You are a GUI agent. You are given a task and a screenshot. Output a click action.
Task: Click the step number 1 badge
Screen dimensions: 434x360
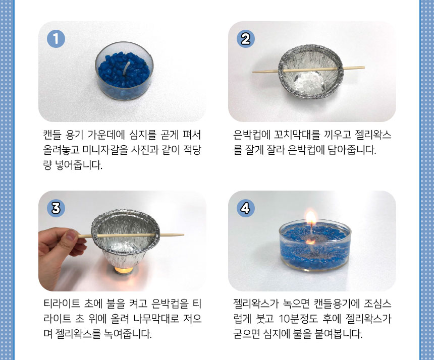coord(56,39)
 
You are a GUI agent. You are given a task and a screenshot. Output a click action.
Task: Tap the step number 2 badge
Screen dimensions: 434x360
coord(245,39)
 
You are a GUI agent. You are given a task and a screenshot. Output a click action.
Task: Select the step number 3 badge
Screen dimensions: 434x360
coord(56,208)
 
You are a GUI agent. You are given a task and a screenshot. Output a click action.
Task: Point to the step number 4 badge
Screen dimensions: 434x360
coord(245,208)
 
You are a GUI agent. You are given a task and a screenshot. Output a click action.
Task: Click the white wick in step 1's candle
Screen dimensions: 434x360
coord(127,68)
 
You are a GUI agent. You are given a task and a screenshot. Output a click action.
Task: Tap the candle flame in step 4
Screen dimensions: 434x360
coord(311,218)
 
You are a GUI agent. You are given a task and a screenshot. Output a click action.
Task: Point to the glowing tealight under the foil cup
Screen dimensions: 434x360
coord(124,270)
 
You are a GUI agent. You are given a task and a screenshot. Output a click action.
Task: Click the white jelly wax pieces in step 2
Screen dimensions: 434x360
coord(309,82)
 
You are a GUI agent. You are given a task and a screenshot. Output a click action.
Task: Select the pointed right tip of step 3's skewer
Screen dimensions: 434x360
coord(184,235)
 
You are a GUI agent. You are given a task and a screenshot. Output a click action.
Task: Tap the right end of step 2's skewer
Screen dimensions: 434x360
coord(364,67)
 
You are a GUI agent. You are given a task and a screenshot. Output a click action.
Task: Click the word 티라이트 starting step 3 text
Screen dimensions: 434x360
coord(62,304)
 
